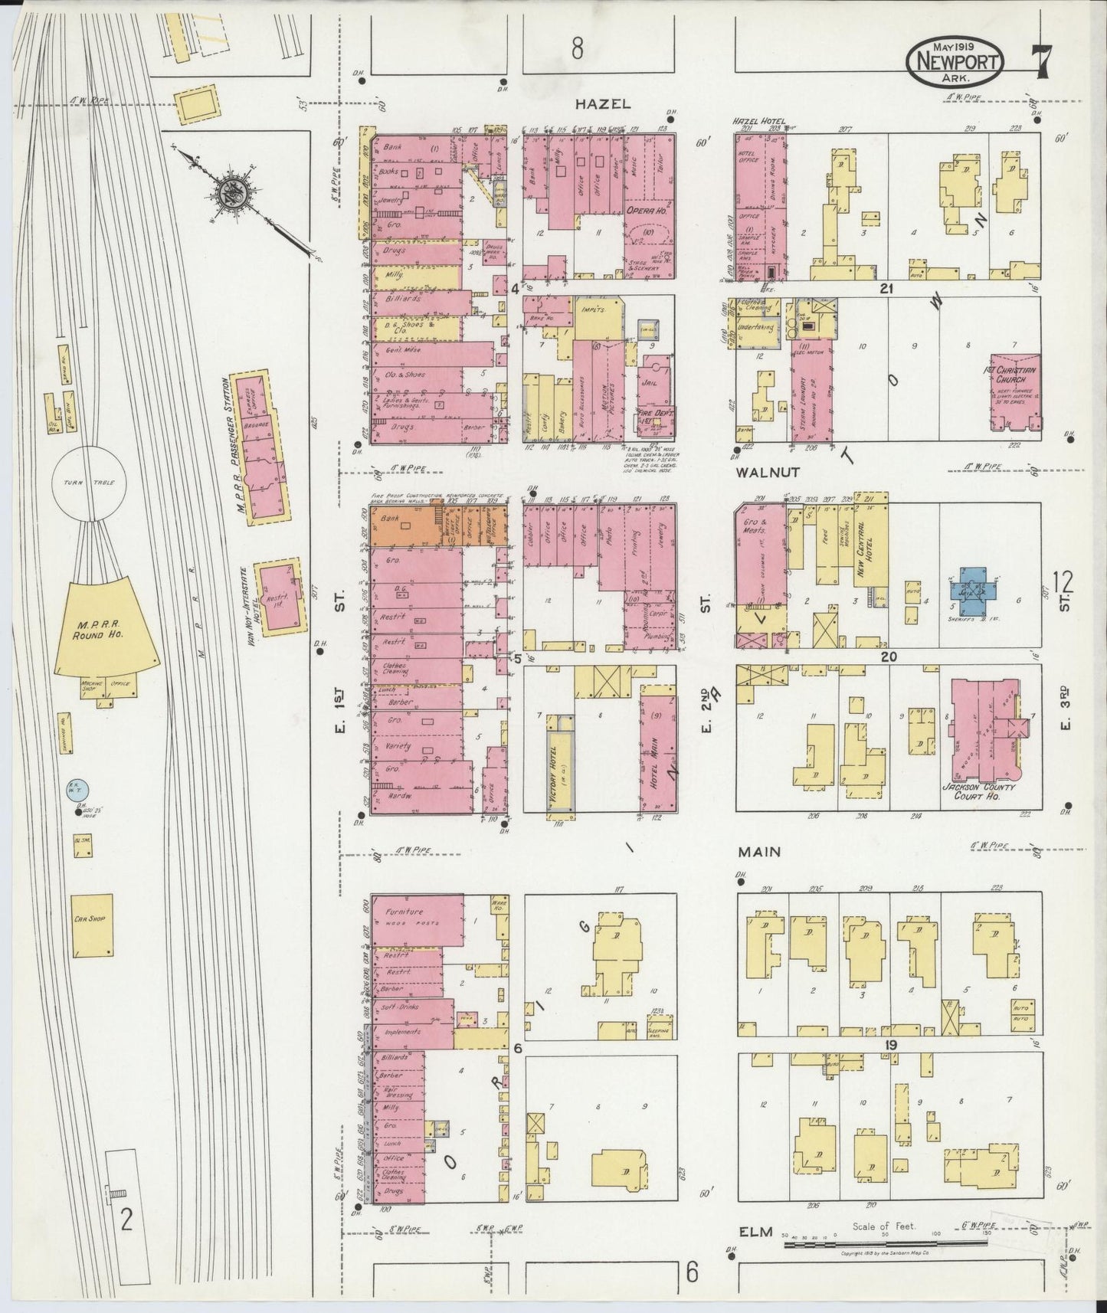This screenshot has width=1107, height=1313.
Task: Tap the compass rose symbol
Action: (229, 193)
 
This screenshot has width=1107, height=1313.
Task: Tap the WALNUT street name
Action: (758, 473)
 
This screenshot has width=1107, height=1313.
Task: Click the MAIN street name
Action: (758, 851)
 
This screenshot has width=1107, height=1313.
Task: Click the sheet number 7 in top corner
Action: (1041, 61)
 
